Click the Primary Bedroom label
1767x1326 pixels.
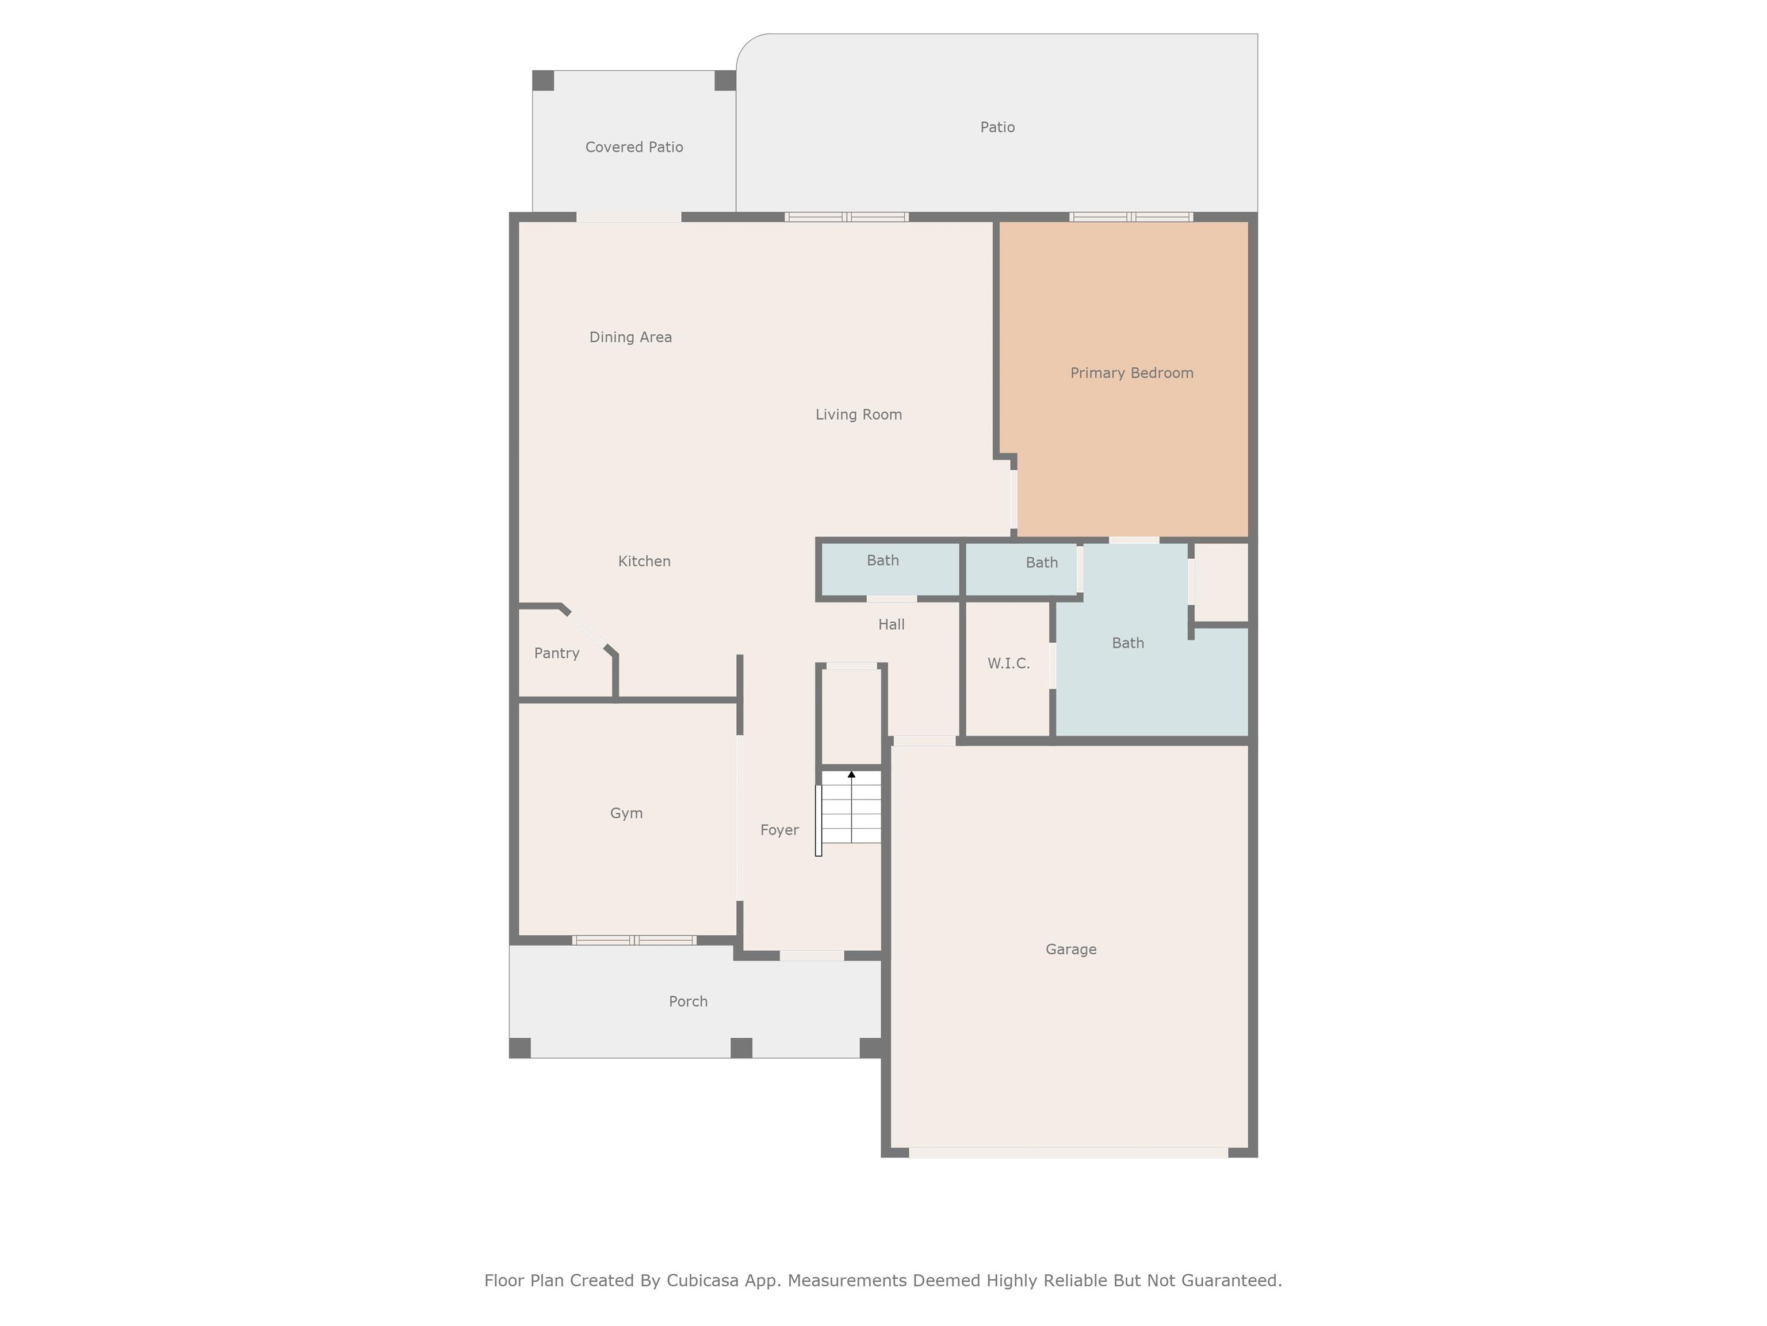(x=1131, y=374)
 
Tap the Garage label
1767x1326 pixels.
(x=1070, y=950)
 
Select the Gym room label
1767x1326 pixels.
(x=626, y=814)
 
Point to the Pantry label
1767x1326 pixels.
(x=557, y=654)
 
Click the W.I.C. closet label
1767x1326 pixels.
(x=1008, y=664)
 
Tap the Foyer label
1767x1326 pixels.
(x=779, y=830)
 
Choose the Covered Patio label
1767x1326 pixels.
(x=634, y=147)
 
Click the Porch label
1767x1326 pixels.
(x=688, y=1001)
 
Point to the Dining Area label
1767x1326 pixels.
(x=630, y=337)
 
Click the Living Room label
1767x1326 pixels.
(x=858, y=415)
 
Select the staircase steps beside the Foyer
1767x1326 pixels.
(x=851, y=807)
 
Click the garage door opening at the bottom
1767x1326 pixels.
(x=1068, y=1153)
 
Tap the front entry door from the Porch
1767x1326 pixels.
(x=812, y=956)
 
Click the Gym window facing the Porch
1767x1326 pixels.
(x=634, y=940)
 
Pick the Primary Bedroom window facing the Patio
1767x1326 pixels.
(x=1131, y=216)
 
